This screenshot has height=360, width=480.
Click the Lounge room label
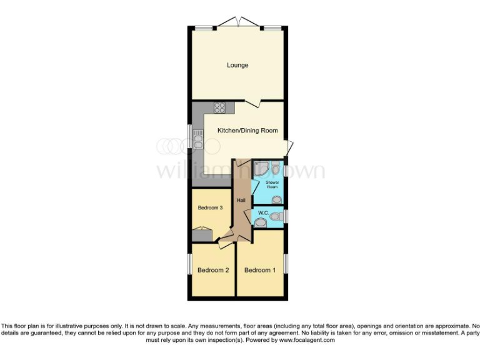click(x=237, y=65)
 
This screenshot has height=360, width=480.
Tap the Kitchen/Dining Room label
click(x=247, y=131)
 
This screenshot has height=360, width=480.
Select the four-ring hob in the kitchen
click(x=219, y=107)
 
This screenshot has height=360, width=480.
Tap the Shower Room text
click(x=272, y=184)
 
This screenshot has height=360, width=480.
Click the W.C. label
click(x=263, y=212)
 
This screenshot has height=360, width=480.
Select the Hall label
click(x=241, y=200)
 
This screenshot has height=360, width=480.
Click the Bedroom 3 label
click(x=210, y=207)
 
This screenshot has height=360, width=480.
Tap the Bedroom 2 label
click(x=213, y=270)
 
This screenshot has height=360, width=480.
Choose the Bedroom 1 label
click(x=259, y=270)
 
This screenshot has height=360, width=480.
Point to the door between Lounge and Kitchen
click(x=252, y=102)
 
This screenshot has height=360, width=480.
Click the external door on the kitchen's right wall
click(x=288, y=149)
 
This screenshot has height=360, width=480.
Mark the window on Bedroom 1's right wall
click(x=286, y=263)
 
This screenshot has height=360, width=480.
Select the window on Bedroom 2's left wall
click(x=190, y=263)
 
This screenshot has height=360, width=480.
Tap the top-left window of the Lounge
click(x=202, y=28)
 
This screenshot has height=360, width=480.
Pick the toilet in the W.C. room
click(x=275, y=215)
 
